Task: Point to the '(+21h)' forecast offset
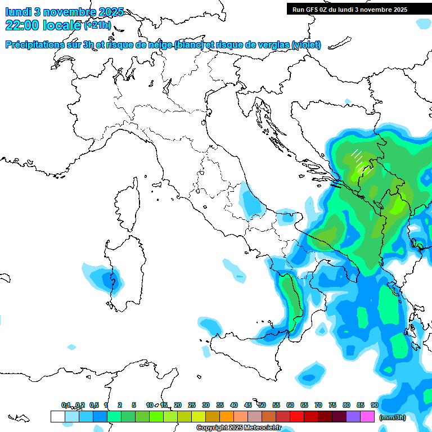point(97,25)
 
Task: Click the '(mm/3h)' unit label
point(393,417)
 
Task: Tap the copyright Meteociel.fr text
point(238,428)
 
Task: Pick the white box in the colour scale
point(57,417)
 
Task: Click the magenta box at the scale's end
point(367,417)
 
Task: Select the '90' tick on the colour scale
point(374,405)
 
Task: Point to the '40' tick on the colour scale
point(233,405)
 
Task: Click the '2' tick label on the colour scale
point(120,405)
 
